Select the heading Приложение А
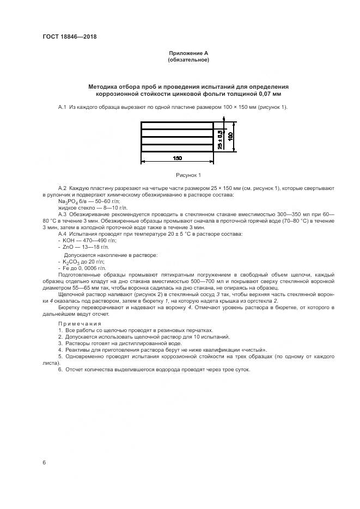[x=188, y=53]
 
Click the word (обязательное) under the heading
[x=188, y=59]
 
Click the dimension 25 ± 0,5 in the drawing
[x=220, y=139]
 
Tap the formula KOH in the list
[x=71, y=240]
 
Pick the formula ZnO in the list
[x=70, y=247]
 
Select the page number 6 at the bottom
[x=44, y=462]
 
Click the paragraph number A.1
[x=62, y=107]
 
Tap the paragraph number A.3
[x=62, y=214]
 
